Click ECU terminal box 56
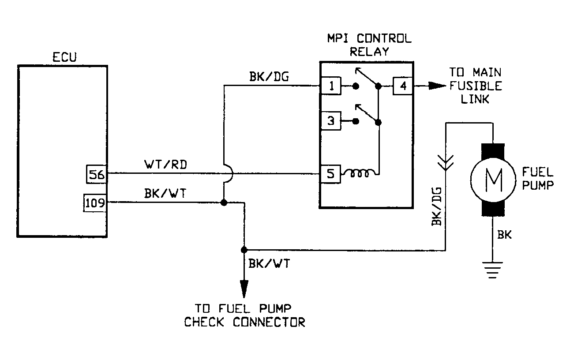(x=96, y=175)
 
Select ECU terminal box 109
(x=95, y=203)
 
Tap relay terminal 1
(x=330, y=86)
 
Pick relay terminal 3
(x=330, y=121)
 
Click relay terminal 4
(x=402, y=86)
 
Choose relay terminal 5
(x=330, y=174)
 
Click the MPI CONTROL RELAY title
(x=369, y=45)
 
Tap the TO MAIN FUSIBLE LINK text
(x=475, y=86)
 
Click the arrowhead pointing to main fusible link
(x=437, y=86)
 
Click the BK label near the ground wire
(x=505, y=235)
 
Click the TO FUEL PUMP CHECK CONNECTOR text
(x=244, y=315)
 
